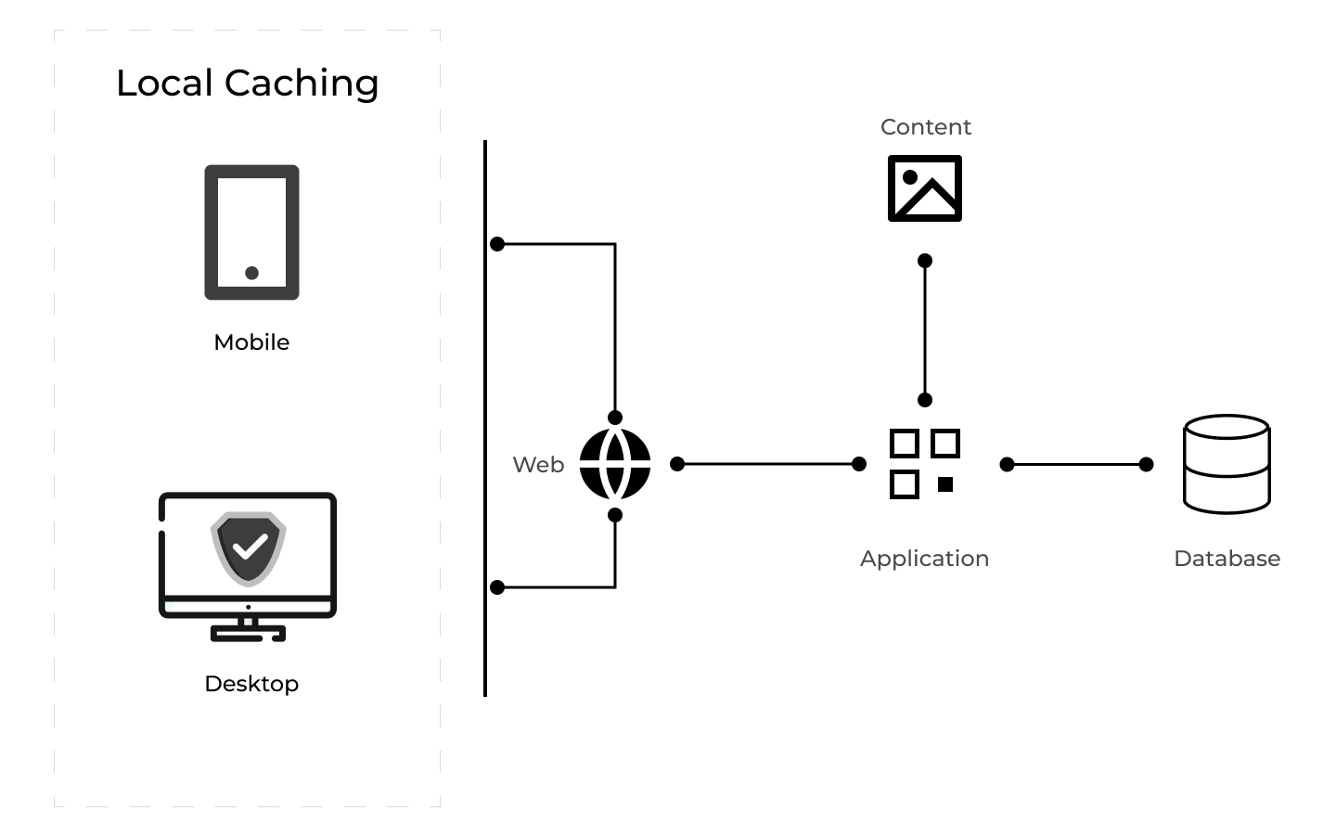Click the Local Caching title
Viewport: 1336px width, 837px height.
click(247, 84)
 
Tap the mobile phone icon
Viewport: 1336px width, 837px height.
click(251, 232)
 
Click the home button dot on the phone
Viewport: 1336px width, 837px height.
click(251, 273)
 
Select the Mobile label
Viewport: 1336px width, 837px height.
click(251, 342)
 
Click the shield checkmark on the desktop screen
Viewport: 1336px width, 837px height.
click(249, 547)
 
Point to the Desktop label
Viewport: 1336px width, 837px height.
click(251, 684)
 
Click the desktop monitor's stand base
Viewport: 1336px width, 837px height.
click(248, 635)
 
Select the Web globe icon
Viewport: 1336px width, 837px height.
click(615, 464)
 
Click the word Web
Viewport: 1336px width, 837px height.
click(538, 465)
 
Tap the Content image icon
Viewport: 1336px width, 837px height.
click(925, 188)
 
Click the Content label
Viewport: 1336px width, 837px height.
click(925, 127)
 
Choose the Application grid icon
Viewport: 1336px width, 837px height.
click(924, 464)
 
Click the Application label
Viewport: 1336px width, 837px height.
click(924, 559)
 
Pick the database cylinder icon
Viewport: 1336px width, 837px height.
click(1227, 464)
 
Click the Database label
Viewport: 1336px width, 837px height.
click(1227, 559)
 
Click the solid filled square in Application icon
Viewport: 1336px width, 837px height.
click(945, 484)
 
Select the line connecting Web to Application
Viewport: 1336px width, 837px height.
click(768, 464)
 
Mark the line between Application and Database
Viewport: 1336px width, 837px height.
click(1076, 464)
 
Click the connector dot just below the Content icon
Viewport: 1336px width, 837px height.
click(925, 261)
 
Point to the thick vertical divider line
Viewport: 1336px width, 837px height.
click(485, 418)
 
